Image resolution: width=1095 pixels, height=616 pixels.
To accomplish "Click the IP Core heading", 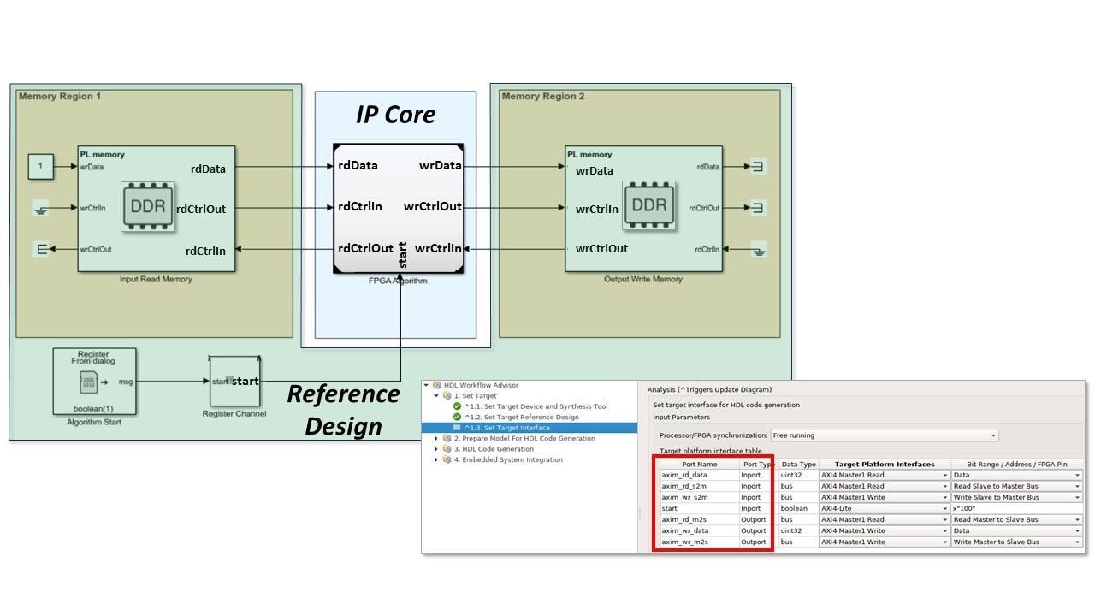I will click(x=395, y=115).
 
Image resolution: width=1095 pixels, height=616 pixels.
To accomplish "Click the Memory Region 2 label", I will click(x=543, y=97).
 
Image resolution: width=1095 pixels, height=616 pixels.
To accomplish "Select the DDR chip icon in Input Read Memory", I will click(x=148, y=206).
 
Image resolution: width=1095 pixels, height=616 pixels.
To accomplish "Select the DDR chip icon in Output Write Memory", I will click(x=648, y=206).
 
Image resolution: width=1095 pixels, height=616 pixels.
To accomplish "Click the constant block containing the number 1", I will click(x=40, y=167).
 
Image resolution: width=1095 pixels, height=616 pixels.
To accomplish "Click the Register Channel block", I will click(x=234, y=382).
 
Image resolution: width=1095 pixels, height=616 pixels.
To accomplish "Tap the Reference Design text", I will click(x=343, y=409).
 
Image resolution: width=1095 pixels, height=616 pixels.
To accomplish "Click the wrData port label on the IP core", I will click(x=441, y=165).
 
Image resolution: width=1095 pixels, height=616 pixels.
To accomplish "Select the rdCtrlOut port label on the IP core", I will click(x=365, y=249).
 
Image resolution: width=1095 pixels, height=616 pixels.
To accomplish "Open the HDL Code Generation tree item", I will click(x=494, y=449).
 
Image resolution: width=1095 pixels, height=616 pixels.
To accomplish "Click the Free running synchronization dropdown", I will click(x=885, y=435).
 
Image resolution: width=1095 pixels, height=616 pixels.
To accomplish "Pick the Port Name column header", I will click(x=700, y=465).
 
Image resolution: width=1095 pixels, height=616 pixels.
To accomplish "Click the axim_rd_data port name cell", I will click(x=684, y=475).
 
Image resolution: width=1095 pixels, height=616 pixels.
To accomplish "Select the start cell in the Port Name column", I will click(x=670, y=508).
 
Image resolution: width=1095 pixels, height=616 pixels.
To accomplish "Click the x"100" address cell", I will click(x=1016, y=508).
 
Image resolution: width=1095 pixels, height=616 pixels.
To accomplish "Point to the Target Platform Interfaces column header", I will click(x=885, y=465).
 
